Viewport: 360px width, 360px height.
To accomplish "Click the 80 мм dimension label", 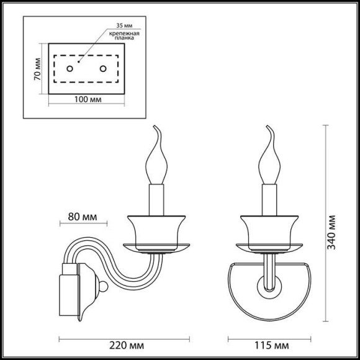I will pos(83,218).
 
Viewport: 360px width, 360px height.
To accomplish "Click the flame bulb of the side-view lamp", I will pos(155,163).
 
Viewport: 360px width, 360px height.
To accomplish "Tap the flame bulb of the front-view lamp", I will pos(269,163).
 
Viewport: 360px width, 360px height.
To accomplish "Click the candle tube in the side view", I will pos(155,200).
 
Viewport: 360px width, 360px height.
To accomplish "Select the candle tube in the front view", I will pos(269,200).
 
